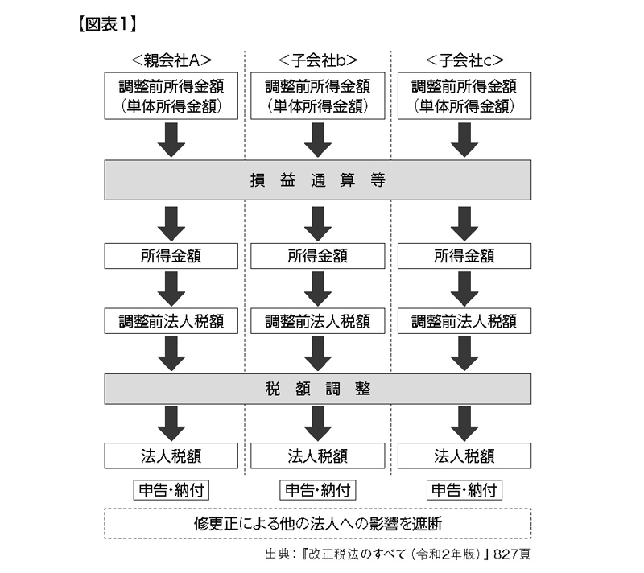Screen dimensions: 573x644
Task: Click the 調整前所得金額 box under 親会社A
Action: coord(171,95)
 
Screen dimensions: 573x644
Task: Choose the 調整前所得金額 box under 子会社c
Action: coord(464,95)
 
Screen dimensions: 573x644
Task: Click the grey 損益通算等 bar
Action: coord(317,179)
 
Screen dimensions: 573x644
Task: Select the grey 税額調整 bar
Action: coord(317,389)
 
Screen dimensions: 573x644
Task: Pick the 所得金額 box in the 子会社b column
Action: coord(317,257)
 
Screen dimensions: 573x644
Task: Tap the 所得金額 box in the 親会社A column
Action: coord(171,257)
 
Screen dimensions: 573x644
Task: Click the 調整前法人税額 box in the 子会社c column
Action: coord(464,321)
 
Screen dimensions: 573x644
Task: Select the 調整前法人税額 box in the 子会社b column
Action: coord(317,321)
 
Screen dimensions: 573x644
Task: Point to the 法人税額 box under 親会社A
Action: coord(171,456)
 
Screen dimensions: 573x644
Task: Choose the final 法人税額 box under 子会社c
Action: coord(464,456)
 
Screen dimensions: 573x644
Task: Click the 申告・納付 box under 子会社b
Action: coord(317,490)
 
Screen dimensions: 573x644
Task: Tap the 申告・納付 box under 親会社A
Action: coord(171,490)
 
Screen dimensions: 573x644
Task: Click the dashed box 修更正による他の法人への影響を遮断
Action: coord(317,523)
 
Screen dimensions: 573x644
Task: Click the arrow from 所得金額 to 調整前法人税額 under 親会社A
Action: coord(171,288)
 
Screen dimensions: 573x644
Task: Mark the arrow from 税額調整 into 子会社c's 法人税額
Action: coord(464,422)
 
